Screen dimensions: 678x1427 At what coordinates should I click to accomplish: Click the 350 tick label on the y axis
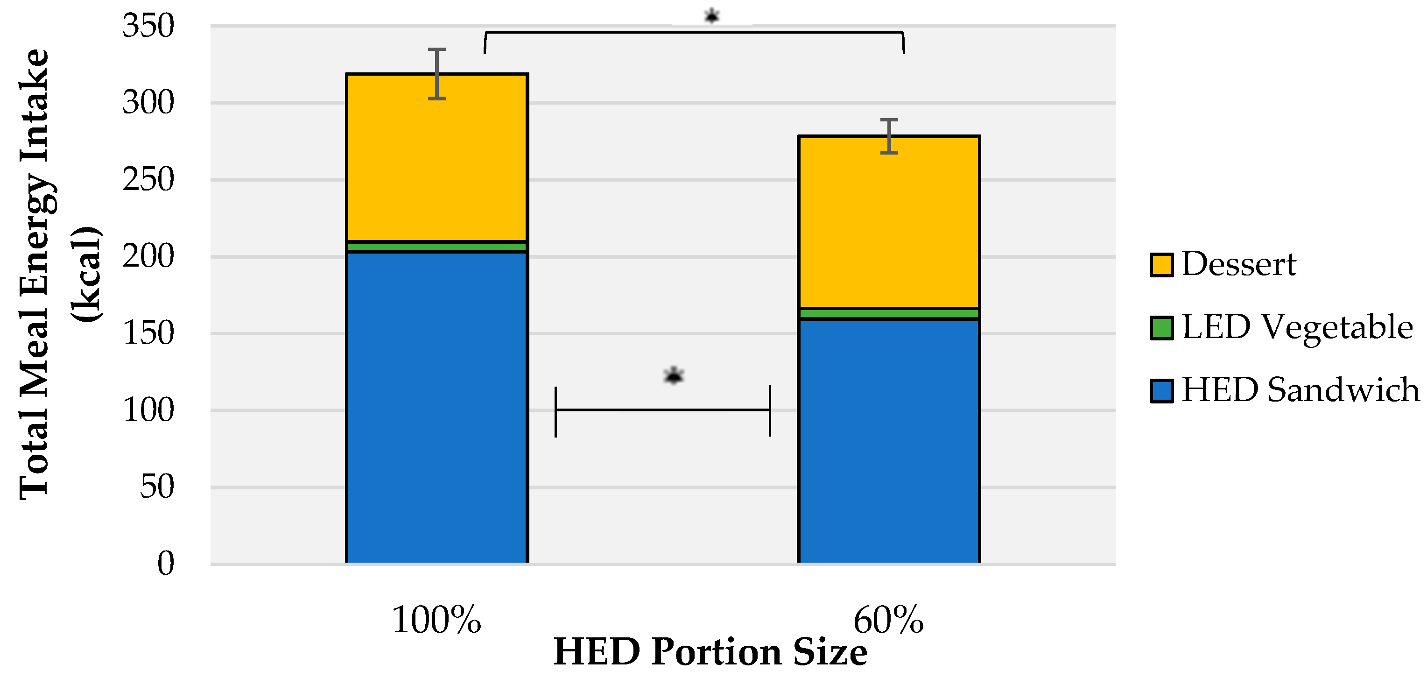click(148, 26)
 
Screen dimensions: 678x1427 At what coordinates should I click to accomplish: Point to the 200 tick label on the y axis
click(148, 256)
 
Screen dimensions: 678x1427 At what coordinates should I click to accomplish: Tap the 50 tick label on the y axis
click(157, 487)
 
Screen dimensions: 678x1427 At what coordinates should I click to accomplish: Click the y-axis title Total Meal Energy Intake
click(35, 274)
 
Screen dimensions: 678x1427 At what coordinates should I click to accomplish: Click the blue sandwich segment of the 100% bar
click(436, 407)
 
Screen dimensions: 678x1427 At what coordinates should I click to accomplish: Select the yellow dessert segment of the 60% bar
click(889, 222)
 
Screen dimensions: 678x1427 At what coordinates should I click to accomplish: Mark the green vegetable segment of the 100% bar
click(436, 247)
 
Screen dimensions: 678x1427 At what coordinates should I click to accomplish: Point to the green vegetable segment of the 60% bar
click(889, 313)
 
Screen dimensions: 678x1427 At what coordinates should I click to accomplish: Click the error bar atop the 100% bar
click(436, 74)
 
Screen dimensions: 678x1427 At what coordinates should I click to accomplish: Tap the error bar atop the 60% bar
click(889, 136)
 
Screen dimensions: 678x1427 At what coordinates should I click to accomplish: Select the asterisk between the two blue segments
click(673, 376)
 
